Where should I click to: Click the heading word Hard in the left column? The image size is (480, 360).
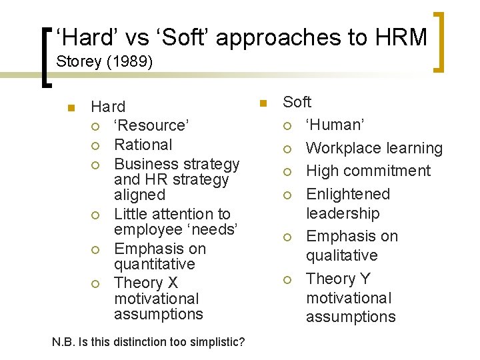coord(108,107)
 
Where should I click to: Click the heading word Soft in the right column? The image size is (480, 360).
coord(297,102)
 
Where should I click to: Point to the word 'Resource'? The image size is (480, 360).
coord(152,125)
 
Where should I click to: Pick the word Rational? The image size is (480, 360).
coord(143,145)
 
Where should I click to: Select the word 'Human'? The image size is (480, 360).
coord(335,125)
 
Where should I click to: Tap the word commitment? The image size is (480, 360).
coord(389,171)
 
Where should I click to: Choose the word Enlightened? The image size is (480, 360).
coord(347,194)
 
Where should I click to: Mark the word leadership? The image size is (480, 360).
coord(343,213)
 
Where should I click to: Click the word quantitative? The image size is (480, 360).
coord(155,264)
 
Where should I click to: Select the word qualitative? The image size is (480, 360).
coord(341,255)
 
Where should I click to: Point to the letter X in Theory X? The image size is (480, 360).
coord(173,283)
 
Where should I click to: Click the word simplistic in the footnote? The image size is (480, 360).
coord(214,342)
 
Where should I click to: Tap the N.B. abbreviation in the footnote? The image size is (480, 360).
coord(63,342)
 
